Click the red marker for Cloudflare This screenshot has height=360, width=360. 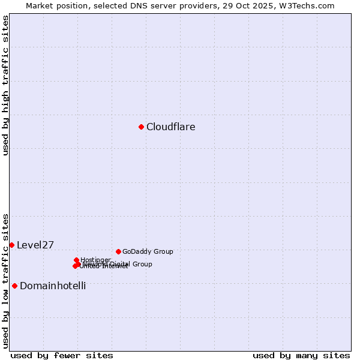[x=141, y=127]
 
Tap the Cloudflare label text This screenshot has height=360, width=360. [x=170, y=127]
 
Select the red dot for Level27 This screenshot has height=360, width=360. [x=11, y=245]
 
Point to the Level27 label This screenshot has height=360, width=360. [x=35, y=245]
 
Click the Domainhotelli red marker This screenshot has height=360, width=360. [x=14, y=286]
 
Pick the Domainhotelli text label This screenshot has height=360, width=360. [x=53, y=286]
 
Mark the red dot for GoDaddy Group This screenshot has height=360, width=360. [x=118, y=251]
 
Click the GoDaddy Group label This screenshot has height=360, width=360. [x=148, y=251]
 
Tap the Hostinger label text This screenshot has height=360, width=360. [x=95, y=260]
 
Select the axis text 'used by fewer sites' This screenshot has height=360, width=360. [x=62, y=355]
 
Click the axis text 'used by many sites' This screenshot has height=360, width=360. [x=301, y=355]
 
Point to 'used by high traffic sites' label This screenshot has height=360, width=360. [x=5, y=85]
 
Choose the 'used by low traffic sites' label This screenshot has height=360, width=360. [x=5, y=281]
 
